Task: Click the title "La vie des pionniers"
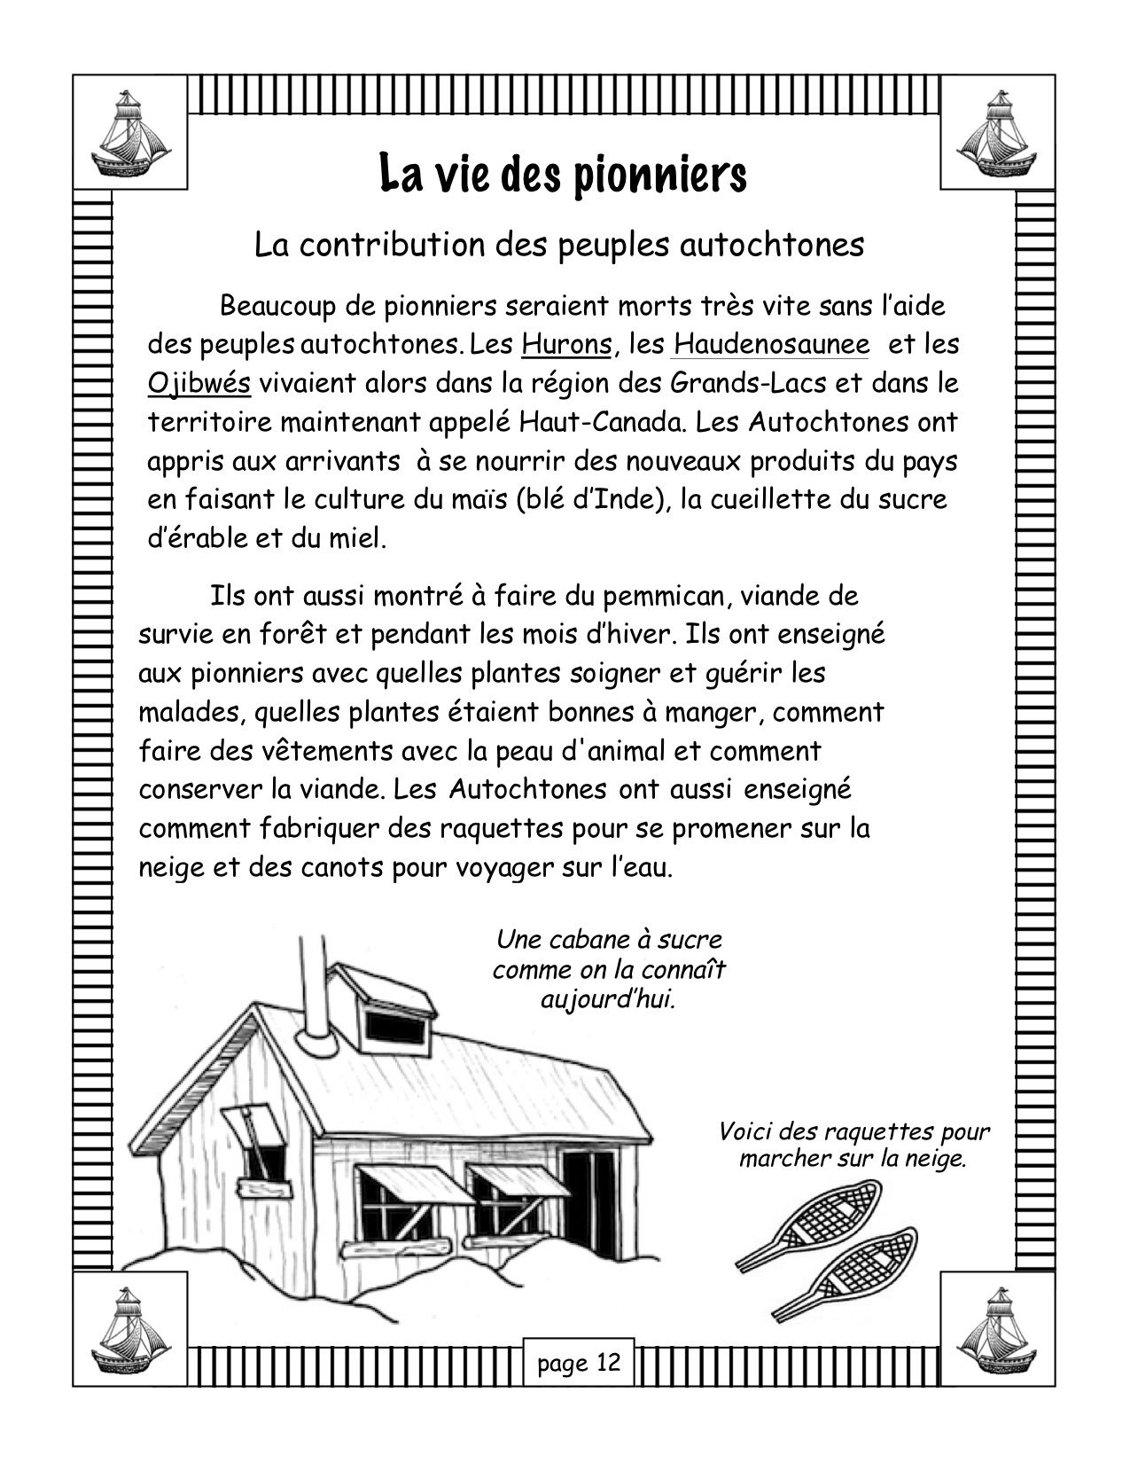pos(564,176)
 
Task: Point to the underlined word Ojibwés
pos(199,384)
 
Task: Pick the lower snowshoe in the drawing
pos(849,1275)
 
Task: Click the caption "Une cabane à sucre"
pos(609,939)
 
